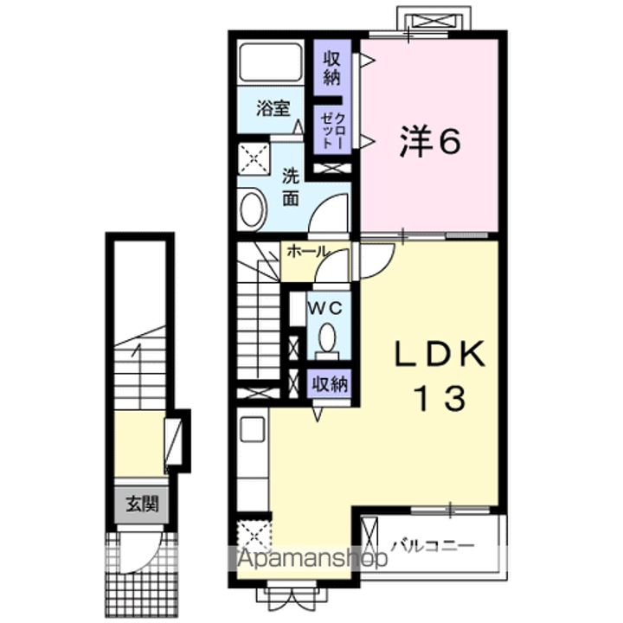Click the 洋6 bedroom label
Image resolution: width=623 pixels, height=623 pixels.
(x=430, y=142)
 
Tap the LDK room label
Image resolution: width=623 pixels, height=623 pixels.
(x=440, y=354)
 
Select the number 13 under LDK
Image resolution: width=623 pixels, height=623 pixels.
(x=440, y=398)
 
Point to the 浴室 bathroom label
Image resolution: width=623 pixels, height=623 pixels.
(x=273, y=108)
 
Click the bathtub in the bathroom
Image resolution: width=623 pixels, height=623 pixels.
(x=271, y=62)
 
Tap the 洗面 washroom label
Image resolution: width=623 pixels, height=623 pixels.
(x=291, y=188)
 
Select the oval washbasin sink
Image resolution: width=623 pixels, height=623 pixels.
(x=252, y=209)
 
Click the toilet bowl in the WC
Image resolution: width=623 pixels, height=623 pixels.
(x=327, y=337)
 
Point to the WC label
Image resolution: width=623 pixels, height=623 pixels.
(x=326, y=308)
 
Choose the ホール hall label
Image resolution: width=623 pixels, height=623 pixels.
(x=308, y=252)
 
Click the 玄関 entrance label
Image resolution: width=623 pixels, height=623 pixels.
(x=143, y=504)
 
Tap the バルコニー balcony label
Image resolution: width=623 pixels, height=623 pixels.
(x=434, y=545)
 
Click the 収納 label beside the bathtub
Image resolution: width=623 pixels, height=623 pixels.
(x=331, y=68)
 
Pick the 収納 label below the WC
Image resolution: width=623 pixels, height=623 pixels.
(x=330, y=384)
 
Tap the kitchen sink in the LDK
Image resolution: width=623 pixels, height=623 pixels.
(x=253, y=428)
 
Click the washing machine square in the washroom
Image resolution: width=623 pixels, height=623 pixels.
(x=254, y=158)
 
